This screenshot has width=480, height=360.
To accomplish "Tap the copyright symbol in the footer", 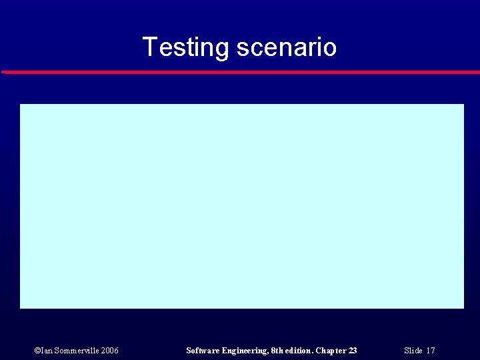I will click(x=37, y=351).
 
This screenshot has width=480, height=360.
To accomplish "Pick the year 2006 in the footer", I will click(x=110, y=351).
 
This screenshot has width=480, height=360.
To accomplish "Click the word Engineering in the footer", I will click(x=245, y=351).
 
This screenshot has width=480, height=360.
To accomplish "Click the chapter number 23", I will click(x=353, y=351).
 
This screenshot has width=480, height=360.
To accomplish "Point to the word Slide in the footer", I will click(x=413, y=351).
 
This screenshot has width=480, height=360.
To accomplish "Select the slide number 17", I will click(x=431, y=351).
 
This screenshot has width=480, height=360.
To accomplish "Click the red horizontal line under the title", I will click(x=240, y=72).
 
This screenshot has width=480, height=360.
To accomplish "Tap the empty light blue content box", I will click(x=241, y=206).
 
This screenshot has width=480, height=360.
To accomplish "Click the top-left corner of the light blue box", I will click(x=21, y=105).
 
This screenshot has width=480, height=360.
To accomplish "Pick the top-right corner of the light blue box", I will click(x=463, y=105).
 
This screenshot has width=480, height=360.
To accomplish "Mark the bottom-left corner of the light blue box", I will click(x=21, y=307).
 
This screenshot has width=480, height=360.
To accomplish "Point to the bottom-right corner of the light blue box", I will click(x=463, y=307).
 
